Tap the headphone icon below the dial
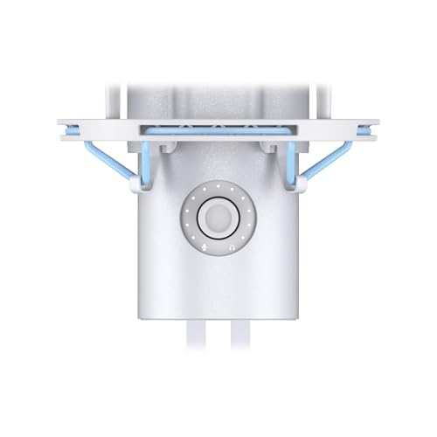231,247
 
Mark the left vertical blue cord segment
145,163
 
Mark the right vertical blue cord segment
290,163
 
